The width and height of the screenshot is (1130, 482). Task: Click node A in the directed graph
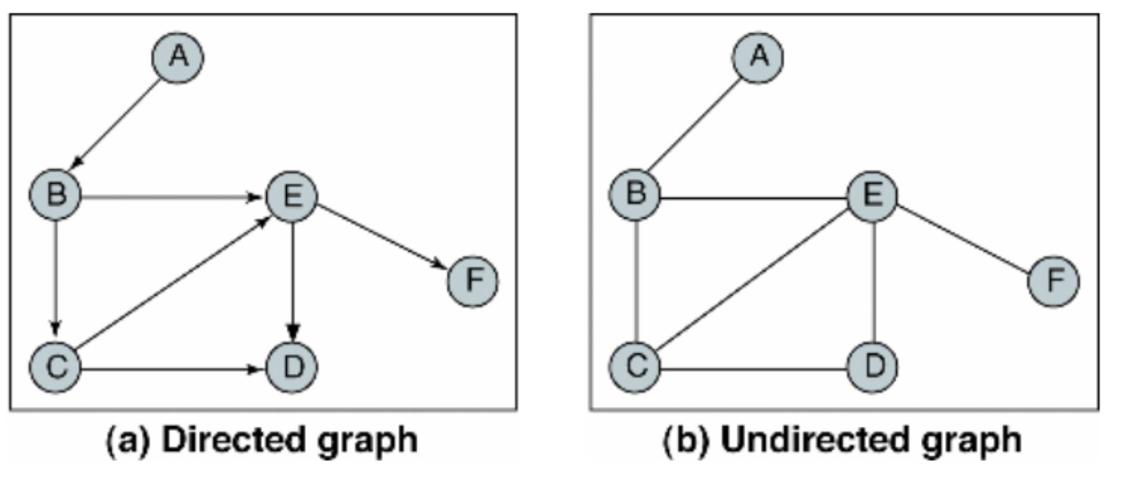(178, 57)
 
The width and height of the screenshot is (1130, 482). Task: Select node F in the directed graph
(472, 281)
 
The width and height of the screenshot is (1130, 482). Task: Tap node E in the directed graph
(292, 196)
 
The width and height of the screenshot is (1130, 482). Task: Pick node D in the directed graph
(292, 367)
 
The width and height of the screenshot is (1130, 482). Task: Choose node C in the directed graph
(55, 367)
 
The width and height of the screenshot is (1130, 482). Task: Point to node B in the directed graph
(55, 194)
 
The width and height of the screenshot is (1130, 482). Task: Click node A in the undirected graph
(758, 56)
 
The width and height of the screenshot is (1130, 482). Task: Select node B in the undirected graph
(635, 194)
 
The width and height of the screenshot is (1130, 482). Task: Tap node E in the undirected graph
(873, 196)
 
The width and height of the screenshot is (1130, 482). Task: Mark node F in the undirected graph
(1053, 281)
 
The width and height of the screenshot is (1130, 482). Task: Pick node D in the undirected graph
(873, 367)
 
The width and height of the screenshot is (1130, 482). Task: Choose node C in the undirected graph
(635, 367)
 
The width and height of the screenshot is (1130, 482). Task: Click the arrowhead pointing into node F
(439, 264)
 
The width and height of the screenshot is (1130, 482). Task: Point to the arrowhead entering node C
(56, 327)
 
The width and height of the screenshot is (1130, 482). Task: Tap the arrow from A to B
(117, 124)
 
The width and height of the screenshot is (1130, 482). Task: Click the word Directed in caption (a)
(230, 440)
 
